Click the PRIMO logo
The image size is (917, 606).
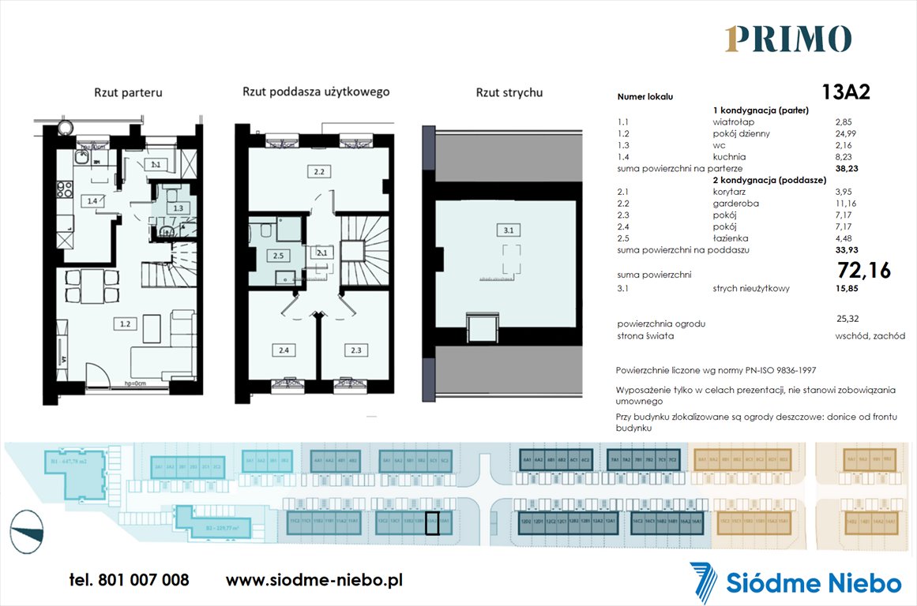pyautogui.click(x=787, y=39)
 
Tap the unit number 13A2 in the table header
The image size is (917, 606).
pyautogui.click(x=845, y=92)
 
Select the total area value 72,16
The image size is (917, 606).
pyautogui.click(x=863, y=271)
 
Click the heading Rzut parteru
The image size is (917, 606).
pyautogui.click(x=127, y=92)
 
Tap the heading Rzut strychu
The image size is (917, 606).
pyautogui.click(x=509, y=92)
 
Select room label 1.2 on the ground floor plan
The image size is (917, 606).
pyautogui.click(x=125, y=324)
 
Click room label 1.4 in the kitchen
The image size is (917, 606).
pyautogui.click(x=92, y=201)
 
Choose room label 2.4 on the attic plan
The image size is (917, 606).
pyautogui.click(x=282, y=350)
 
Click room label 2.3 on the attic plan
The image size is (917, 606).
pyautogui.click(x=355, y=350)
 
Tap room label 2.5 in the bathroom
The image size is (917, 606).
pyautogui.click(x=278, y=256)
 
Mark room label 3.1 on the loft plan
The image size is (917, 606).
pyautogui.click(x=509, y=230)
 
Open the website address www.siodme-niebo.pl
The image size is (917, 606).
pyautogui.click(x=314, y=580)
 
